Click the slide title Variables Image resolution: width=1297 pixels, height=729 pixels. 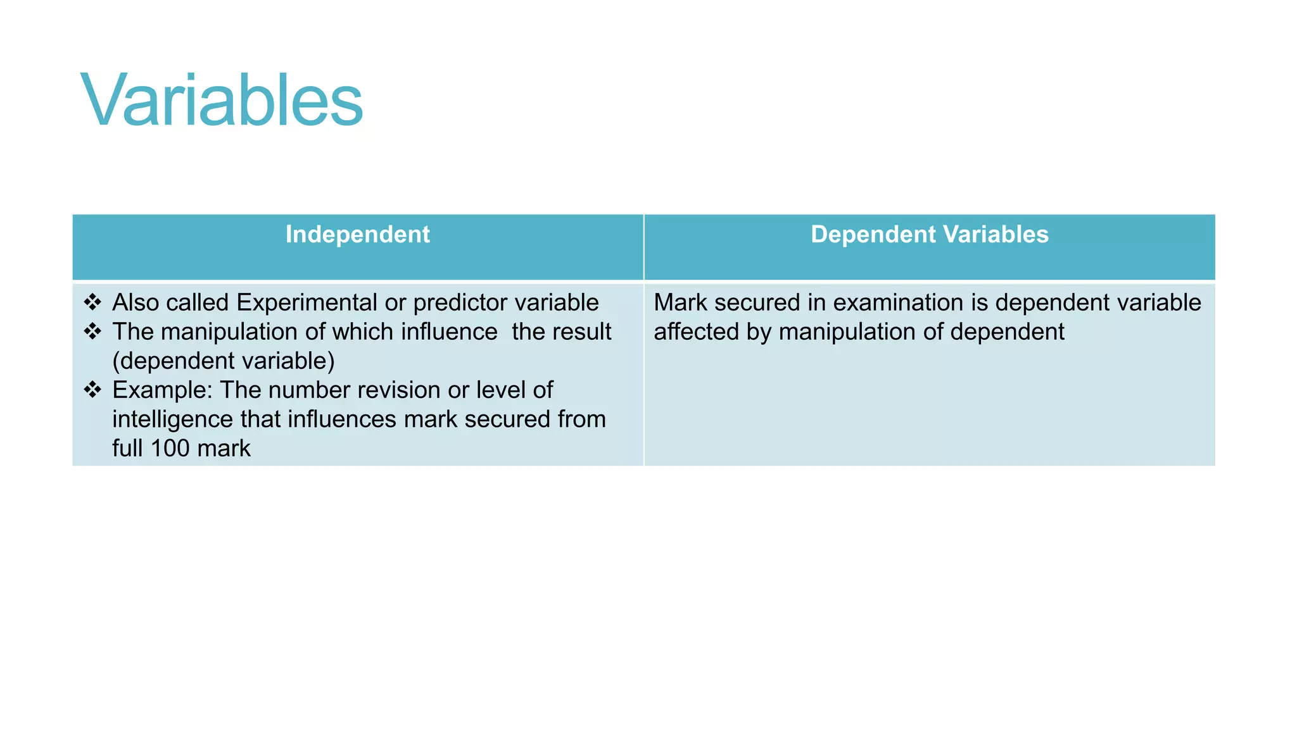click(222, 101)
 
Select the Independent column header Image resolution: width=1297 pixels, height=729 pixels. click(357, 235)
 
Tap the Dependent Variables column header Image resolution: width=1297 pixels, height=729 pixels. click(929, 235)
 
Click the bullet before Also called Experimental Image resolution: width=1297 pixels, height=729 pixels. click(92, 302)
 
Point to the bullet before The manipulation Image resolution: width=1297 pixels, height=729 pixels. click(92, 332)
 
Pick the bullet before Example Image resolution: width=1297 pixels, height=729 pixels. click(92, 390)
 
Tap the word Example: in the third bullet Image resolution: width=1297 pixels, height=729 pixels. click(162, 390)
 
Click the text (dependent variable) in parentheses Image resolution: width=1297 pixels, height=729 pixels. click(224, 361)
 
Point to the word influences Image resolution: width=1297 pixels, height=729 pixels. click(342, 420)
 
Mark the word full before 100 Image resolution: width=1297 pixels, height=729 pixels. click(127, 449)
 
